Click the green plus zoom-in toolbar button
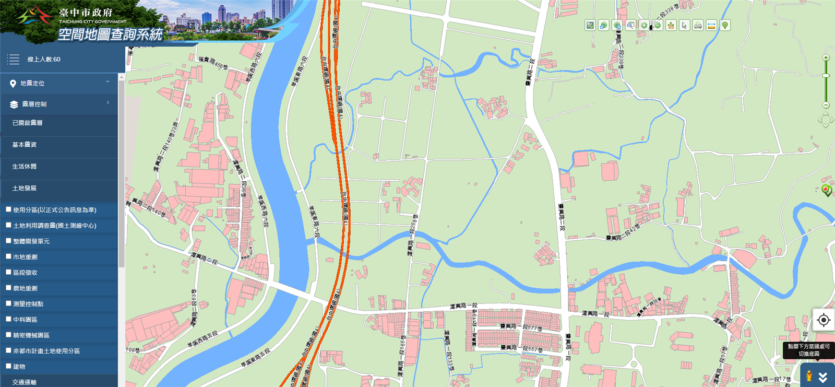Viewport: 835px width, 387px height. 644,26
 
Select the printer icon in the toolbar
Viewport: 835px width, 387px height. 698,26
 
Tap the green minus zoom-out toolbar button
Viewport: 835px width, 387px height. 658,26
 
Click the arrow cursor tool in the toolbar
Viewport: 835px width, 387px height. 684,26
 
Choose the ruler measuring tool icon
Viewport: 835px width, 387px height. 711,26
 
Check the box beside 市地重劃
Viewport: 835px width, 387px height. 8,256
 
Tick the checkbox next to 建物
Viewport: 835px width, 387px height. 8,366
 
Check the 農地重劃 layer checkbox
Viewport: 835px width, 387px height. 8,288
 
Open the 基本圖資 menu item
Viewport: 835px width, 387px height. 25,145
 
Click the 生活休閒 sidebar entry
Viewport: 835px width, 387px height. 25,167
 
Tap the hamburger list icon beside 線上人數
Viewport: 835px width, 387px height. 13,60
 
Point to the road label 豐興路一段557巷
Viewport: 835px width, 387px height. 521,348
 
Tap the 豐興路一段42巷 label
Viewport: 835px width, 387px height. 623,234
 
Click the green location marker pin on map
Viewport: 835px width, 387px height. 826,190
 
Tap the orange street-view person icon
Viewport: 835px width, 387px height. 809,376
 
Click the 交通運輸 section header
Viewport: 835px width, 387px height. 25,382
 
